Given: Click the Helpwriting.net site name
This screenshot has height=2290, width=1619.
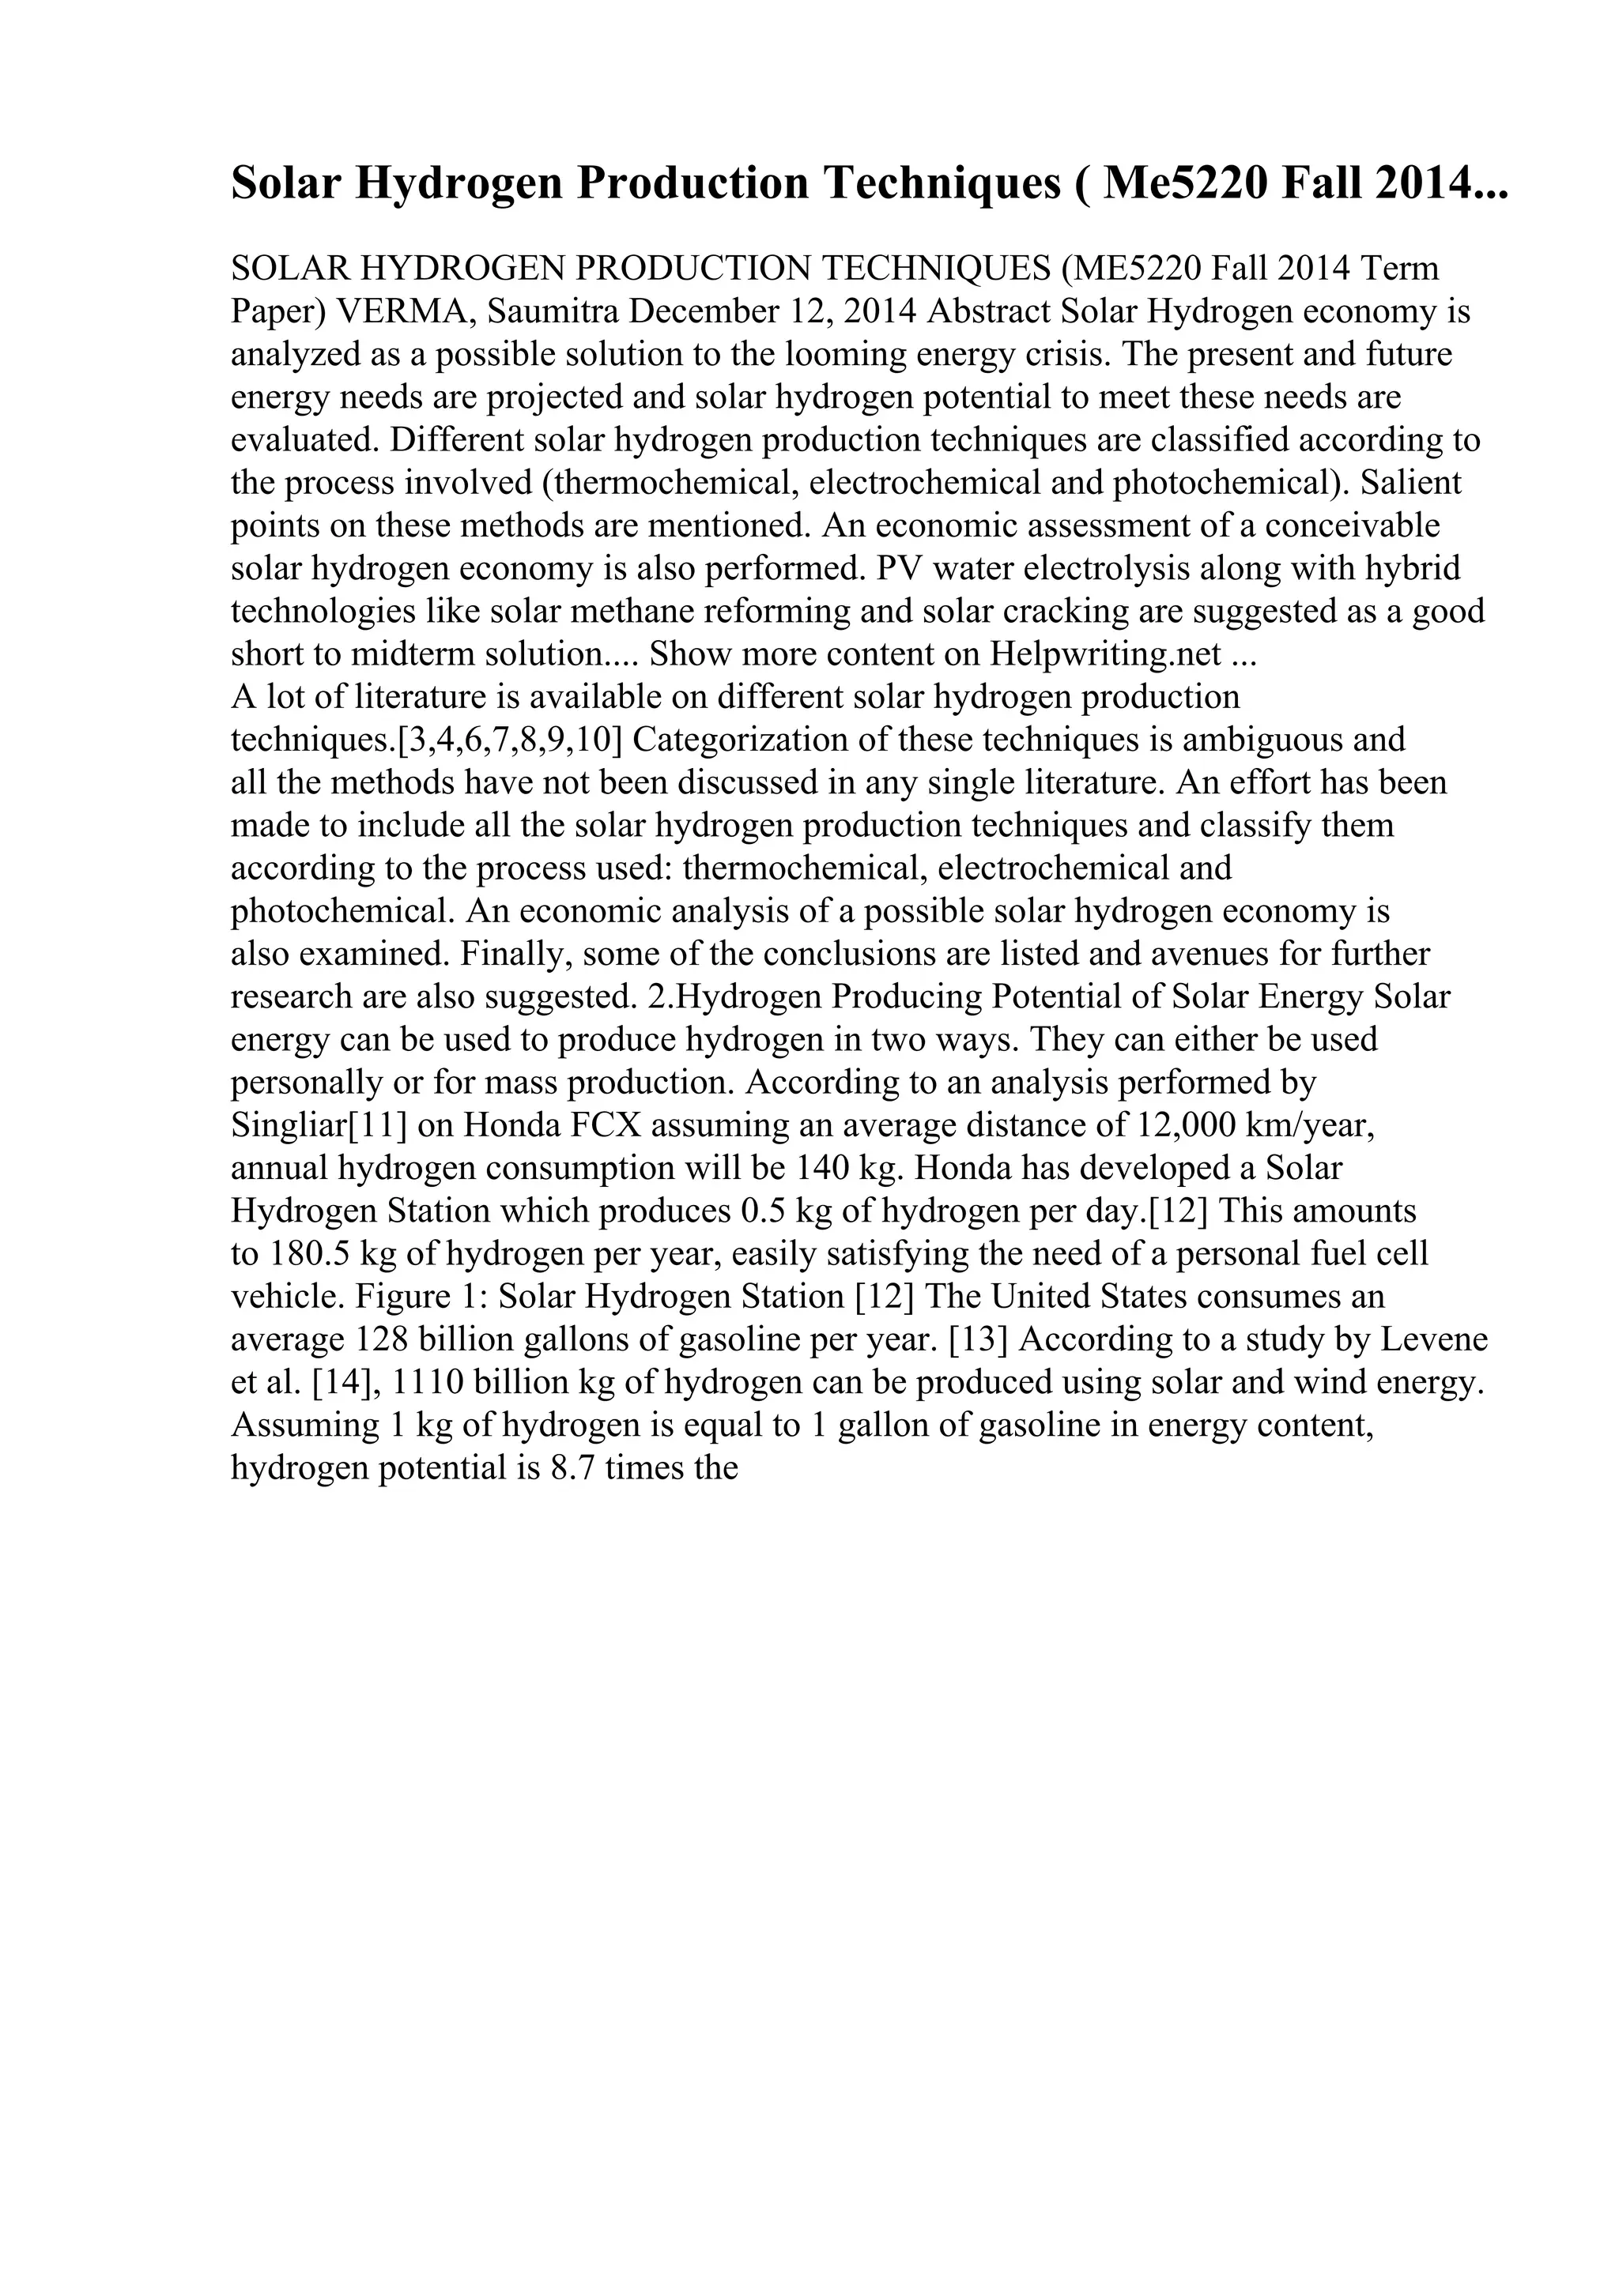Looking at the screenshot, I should [1106, 654].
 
